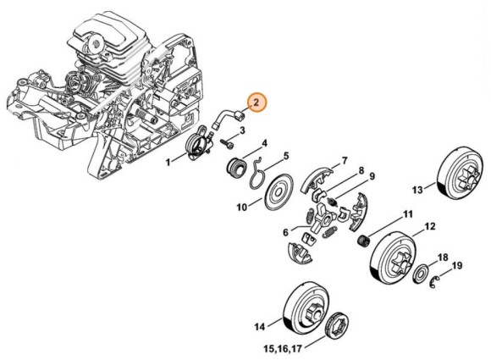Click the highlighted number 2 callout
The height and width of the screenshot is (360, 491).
(x=257, y=102)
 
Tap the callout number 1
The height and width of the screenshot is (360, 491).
(x=168, y=162)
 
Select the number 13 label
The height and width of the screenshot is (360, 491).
(x=417, y=190)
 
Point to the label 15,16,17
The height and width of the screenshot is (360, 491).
(x=283, y=348)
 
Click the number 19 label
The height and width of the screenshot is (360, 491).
(x=457, y=266)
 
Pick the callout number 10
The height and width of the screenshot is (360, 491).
(x=242, y=207)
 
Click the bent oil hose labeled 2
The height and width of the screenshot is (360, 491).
(x=229, y=119)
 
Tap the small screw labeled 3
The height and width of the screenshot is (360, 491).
(x=228, y=144)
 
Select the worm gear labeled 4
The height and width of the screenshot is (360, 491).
(x=237, y=169)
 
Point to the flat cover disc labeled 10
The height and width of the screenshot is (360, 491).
(x=279, y=192)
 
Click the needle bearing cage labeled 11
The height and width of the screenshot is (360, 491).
(x=363, y=241)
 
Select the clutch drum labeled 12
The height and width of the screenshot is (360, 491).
(x=394, y=258)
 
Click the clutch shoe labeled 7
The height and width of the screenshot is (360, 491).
(x=316, y=180)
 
